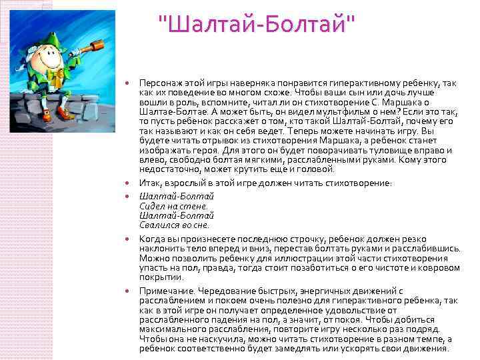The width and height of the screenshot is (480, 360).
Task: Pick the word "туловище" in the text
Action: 399,151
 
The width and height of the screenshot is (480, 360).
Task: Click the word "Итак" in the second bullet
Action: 148,183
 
